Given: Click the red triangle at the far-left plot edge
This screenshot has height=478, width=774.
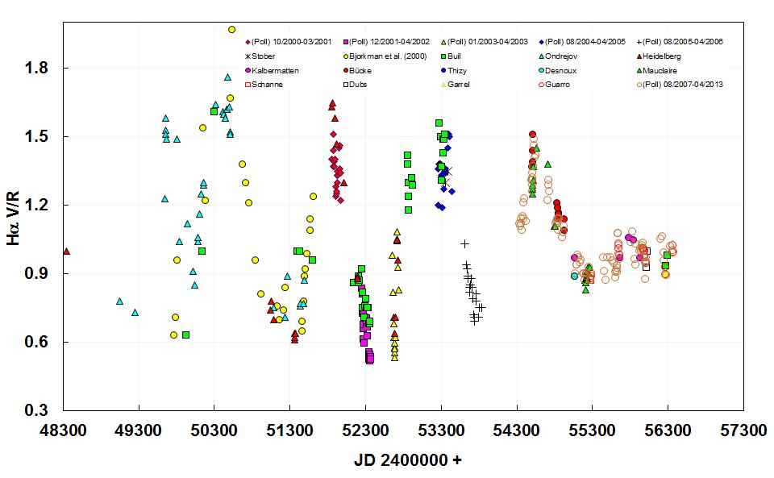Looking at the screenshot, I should (66, 251).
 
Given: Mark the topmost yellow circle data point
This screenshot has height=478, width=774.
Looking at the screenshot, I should (231, 29).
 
